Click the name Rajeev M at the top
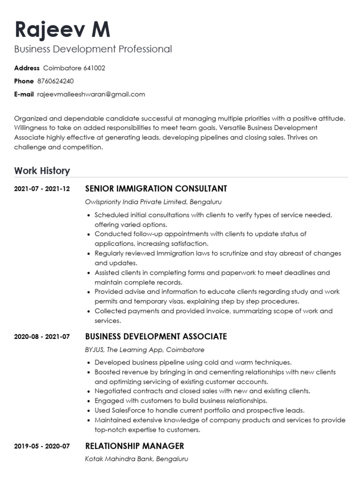click(62, 29)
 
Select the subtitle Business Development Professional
click(93, 49)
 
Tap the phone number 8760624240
click(55, 81)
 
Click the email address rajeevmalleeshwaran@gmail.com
click(91, 94)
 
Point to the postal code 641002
click(94, 68)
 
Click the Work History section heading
click(42, 171)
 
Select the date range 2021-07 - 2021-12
click(42, 189)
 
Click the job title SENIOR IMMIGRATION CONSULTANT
click(156, 189)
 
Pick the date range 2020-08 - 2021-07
click(42, 337)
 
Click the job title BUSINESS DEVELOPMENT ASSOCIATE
click(156, 337)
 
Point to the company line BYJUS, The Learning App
click(125, 350)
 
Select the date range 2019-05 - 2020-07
click(42, 446)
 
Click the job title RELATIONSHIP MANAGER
click(135, 446)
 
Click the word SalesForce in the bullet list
click(126, 410)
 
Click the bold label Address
click(27, 68)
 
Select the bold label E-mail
click(24, 94)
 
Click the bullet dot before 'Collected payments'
click(89, 311)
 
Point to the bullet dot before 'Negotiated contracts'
click(89, 391)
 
